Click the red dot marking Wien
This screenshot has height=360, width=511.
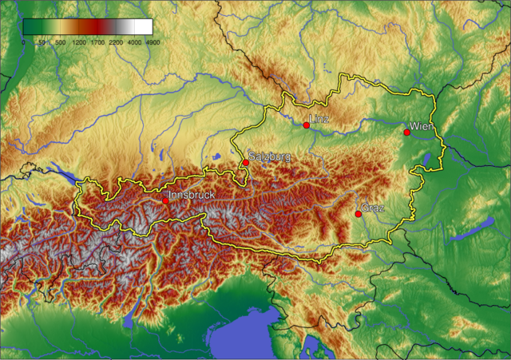click(x=406, y=133)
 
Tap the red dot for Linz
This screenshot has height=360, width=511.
click(x=307, y=125)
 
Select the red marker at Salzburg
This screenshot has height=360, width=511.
click(x=245, y=162)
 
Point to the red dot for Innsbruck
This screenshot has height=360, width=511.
click(x=165, y=201)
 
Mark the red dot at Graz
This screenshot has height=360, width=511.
click(x=358, y=213)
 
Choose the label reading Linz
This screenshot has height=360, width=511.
click(x=319, y=120)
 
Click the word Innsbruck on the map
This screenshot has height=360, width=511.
click(x=192, y=195)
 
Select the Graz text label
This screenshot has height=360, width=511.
click(x=373, y=208)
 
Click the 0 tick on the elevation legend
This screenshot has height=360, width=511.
click(x=23, y=42)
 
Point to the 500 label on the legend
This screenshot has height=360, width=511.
click(x=60, y=42)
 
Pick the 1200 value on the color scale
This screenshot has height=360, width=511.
click(x=78, y=42)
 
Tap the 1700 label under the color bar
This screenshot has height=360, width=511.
click(x=97, y=42)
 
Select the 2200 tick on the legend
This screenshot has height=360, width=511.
click(x=115, y=42)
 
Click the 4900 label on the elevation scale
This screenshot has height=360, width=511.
click(x=152, y=42)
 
